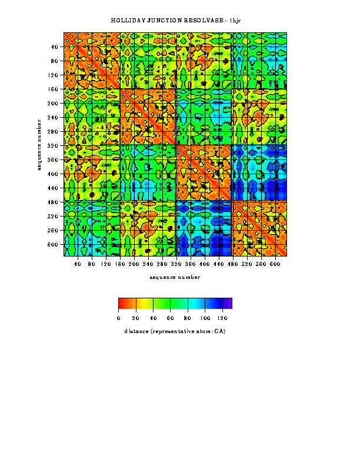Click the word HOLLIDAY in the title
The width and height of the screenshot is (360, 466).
point(125,21)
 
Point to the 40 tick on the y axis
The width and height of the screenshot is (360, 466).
point(55,46)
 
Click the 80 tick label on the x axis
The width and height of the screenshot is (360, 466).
point(91,265)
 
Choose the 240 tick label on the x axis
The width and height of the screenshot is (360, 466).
point(148,265)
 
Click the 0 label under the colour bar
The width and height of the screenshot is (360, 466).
point(119,318)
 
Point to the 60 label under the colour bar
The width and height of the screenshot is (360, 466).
point(171,318)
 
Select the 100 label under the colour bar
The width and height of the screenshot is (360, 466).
point(205,318)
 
